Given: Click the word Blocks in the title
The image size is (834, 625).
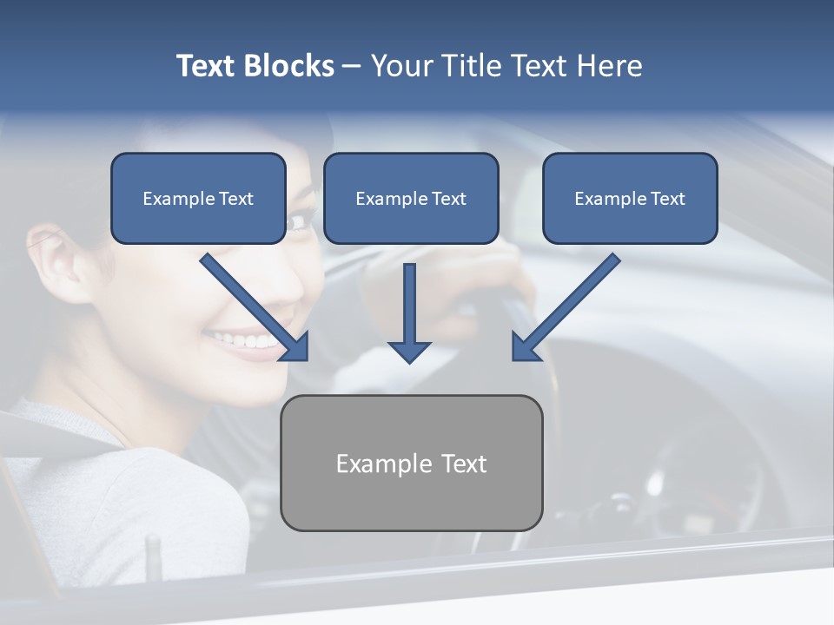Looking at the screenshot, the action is (289, 66).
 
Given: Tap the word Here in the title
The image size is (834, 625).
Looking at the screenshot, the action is (610, 66).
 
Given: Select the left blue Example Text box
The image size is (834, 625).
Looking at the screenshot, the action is (198, 198).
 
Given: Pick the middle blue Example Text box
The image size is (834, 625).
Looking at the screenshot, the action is (411, 198).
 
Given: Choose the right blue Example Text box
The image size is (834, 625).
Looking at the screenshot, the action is (631, 198).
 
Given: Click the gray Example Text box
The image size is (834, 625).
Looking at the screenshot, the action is (412, 463).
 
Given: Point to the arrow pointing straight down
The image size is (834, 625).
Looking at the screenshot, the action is (409, 313).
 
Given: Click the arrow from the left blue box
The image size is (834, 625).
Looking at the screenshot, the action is (255, 307).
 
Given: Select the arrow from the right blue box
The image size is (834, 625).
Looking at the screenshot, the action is (566, 307).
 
